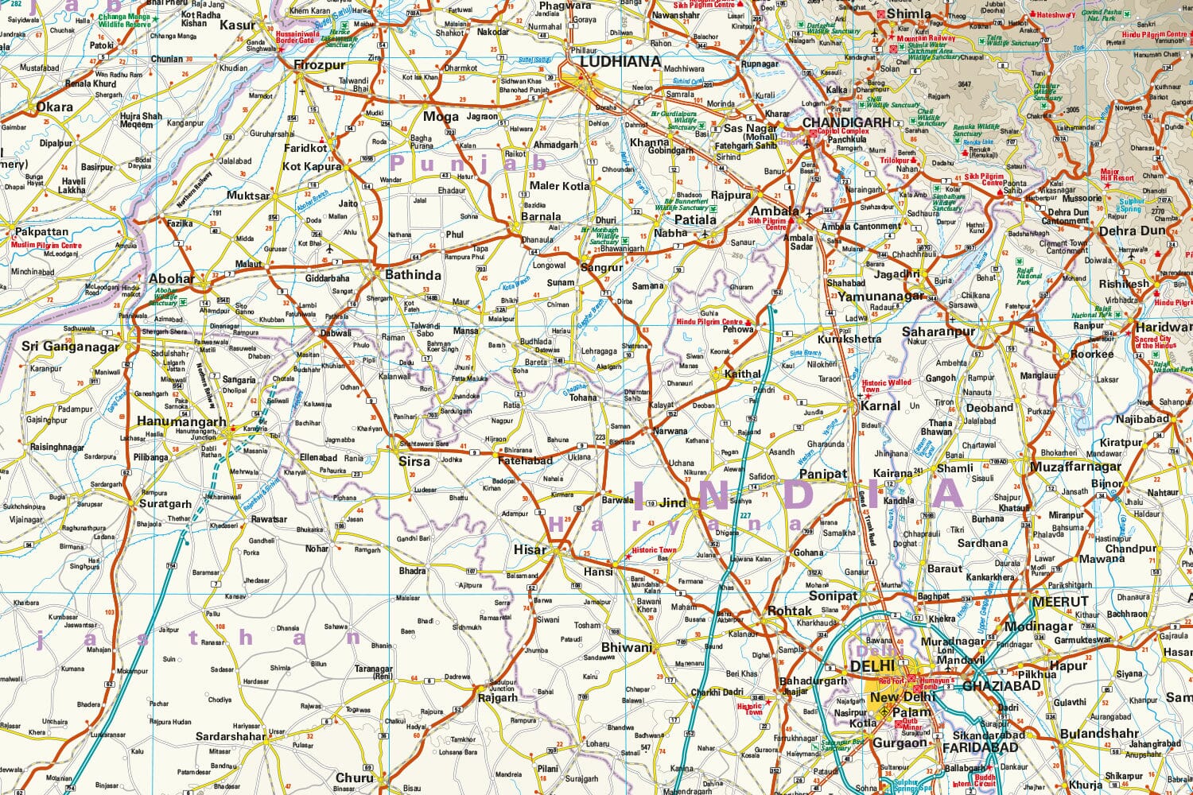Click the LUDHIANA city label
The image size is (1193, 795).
pyautogui.click(x=620, y=61)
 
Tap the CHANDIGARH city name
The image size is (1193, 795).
pyautogui.click(x=846, y=122)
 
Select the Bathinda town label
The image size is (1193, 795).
pyautogui.click(x=413, y=275)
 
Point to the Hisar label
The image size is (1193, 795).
pyautogui.click(x=530, y=549)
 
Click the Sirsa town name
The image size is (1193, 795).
pyautogui.click(x=414, y=461)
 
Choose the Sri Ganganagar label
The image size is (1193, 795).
pyautogui.click(x=70, y=346)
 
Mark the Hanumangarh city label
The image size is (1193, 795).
pyautogui.click(x=181, y=421)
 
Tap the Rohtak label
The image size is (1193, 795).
pyautogui.click(x=790, y=611)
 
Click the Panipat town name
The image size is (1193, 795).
pyautogui.click(x=823, y=474)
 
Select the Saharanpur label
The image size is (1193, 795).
pyautogui.click(x=938, y=332)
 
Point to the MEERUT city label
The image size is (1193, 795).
pyautogui.click(x=1059, y=602)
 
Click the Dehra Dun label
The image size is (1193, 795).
pyautogui.click(x=1132, y=231)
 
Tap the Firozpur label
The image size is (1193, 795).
pyautogui.click(x=320, y=65)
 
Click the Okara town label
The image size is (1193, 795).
pyautogui.click(x=55, y=107)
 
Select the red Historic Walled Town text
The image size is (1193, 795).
pyautogui.click(x=886, y=386)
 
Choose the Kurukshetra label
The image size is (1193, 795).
pyautogui.click(x=849, y=339)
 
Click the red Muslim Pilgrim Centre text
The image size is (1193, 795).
pyautogui.click(x=46, y=246)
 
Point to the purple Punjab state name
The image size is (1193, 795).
pyautogui.click(x=469, y=163)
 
